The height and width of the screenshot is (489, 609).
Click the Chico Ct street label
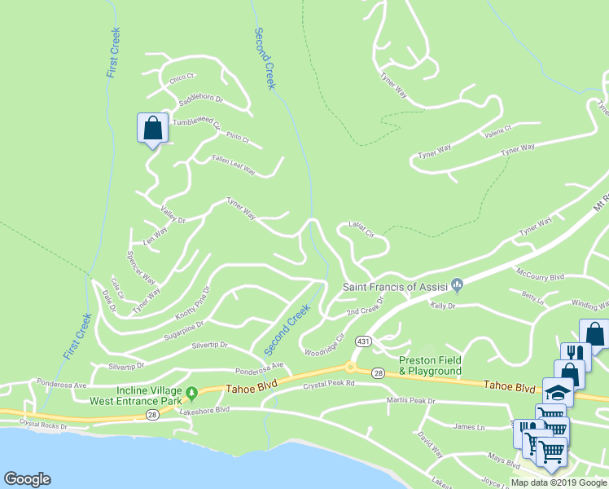182,78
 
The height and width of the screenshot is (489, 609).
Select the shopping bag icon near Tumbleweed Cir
152,128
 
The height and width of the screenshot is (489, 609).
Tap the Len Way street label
156,235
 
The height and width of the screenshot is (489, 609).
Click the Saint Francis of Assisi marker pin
458,286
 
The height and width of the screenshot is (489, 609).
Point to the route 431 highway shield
363,340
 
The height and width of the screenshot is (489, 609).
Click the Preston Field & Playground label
430,365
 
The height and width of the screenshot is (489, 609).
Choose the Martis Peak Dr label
411,401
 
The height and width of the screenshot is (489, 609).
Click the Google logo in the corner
27,479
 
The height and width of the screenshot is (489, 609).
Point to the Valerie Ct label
497,131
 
